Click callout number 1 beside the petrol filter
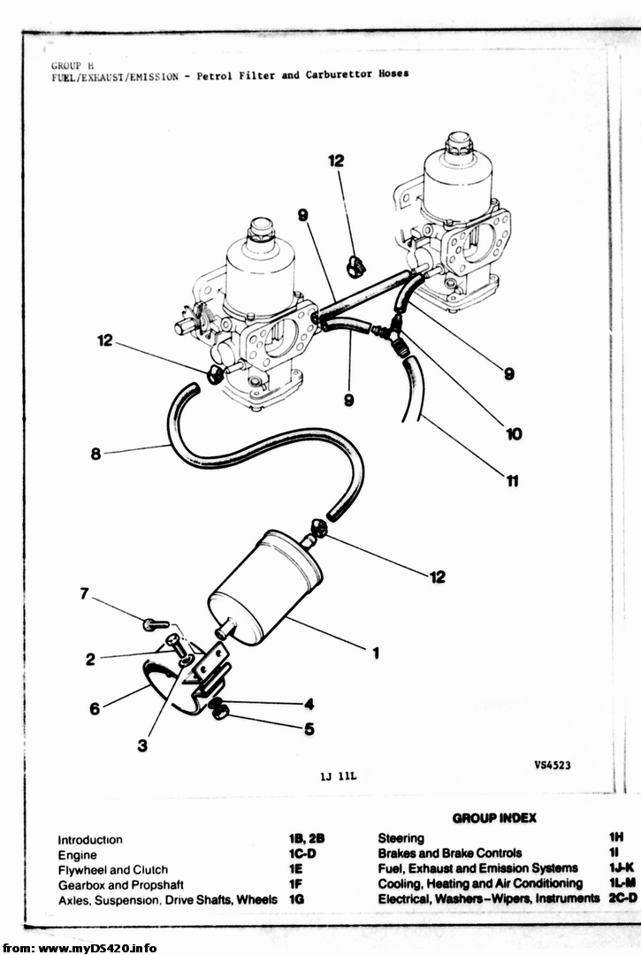pyautogui.click(x=376, y=653)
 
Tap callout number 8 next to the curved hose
pyautogui.click(x=95, y=454)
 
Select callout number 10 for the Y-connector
pyautogui.click(x=514, y=433)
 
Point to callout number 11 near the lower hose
pyautogui.click(x=513, y=481)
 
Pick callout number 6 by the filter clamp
pyautogui.click(x=95, y=708)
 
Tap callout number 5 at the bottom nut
pyautogui.click(x=309, y=729)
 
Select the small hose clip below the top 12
pyautogui.click(x=355, y=265)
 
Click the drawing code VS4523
pyautogui.click(x=552, y=765)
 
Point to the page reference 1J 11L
pyautogui.click(x=338, y=776)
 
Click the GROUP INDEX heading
pyautogui.click(x=494, y=817)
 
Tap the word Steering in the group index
pyautogui.click(x=401, y=838)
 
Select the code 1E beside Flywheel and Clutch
pyautogui.click(x=296, y=868)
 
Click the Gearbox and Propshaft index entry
pyautogui.click(x=120, y=884)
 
